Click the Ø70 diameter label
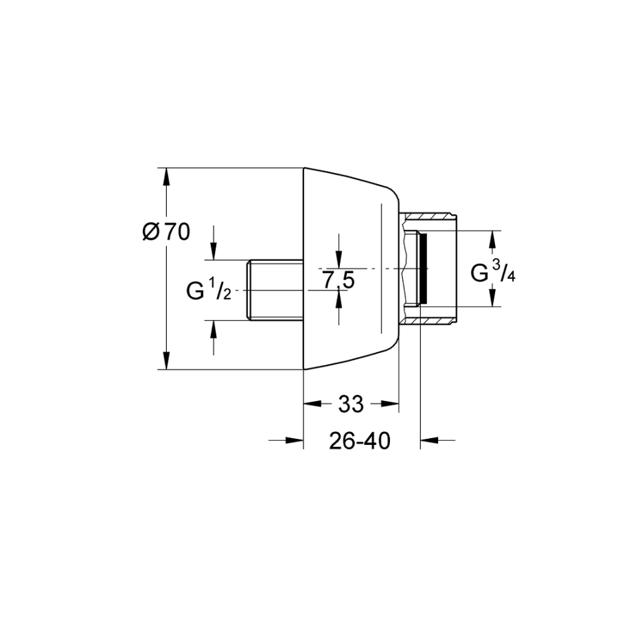[x=166, y=232]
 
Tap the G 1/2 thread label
[x=209, y=291]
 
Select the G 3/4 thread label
[x=493, y=272]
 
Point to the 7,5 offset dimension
[x=339, y=280]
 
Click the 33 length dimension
[x=351, y=404]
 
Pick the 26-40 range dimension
[x=360, y=441]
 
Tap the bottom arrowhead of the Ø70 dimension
[x=167, y=360]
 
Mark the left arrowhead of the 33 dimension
[x=312, y=404]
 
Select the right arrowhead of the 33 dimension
[x=390, y=404]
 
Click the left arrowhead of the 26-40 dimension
[x=295, y=440]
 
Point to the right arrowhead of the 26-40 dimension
[x=429, y=440]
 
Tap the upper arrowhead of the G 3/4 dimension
[x=492, y=240]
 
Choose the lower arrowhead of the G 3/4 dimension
[x=492, y=297]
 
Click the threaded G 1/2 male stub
[x=275, y=290]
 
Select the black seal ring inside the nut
[x=423, y=268]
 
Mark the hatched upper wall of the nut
[x=428, y=217]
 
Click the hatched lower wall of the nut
[x=428, y=321]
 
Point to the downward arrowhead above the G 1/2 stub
[x=214, y=251]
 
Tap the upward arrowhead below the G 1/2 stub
[x=214, y=329]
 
